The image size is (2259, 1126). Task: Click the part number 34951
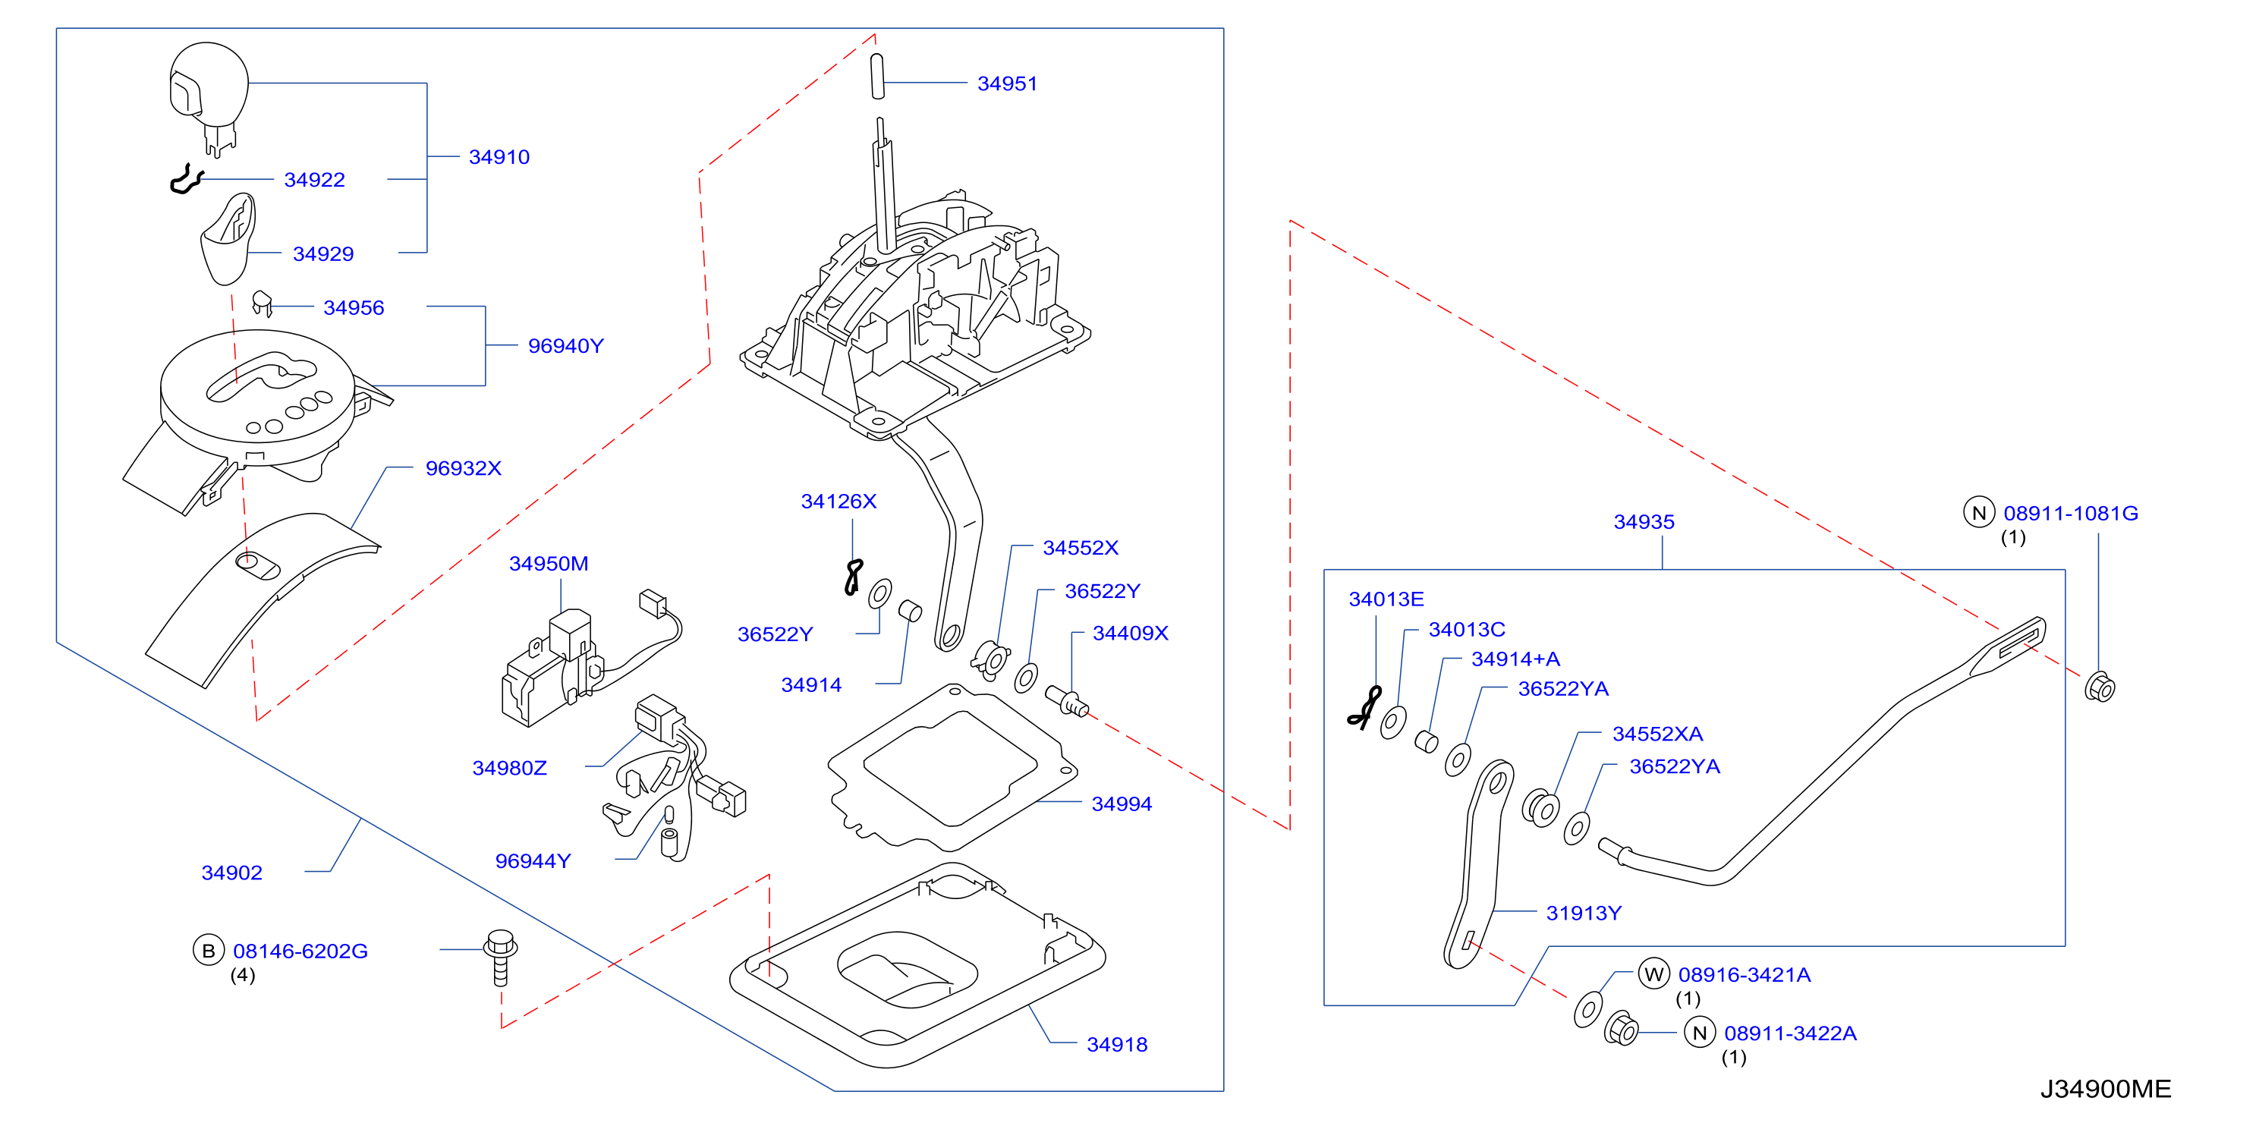click(x=1007, y=83)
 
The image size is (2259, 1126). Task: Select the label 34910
click(x=499, y=157)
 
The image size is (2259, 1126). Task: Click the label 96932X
click(x=463, y=468)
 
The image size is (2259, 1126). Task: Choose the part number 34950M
click(x=548, y=564)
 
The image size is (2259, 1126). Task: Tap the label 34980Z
click(x=509, y=768)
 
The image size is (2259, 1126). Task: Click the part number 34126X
click(x=838, y=502)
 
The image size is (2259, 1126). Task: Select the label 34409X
click(x=1131, y=633)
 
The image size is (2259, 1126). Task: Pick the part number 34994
click(x=1122, y=804)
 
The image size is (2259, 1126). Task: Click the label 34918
click(x=1117, y=1045)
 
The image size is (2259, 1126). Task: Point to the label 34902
click(x=231, y=873)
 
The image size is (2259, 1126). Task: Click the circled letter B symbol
click(x=209, y=951)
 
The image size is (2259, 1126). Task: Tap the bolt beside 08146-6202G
click(x=501, y=958)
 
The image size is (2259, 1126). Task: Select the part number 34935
click(x=1644, y=522)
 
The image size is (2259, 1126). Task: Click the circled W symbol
click(x=1654, y=974)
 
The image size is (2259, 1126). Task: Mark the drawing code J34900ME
click(x=2106, y=1089)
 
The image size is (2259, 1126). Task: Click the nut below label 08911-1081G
click(x=2100, y=687)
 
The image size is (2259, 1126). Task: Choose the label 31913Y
click(x=1584, y=913)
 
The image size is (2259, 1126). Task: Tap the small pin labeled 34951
click(x=878, y=77)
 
